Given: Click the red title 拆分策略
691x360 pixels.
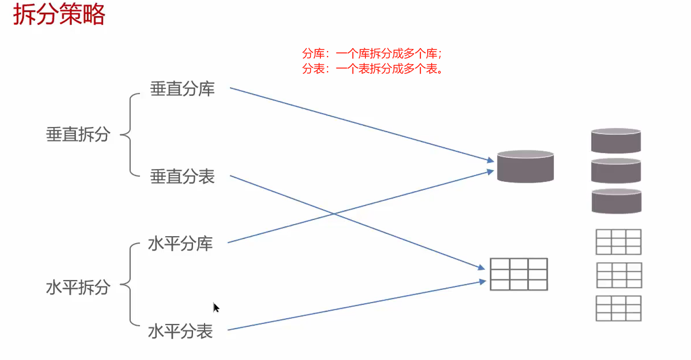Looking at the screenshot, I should point(59,14).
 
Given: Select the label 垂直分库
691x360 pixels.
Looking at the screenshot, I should point(182,89).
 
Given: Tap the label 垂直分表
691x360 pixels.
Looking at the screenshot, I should point(182,177).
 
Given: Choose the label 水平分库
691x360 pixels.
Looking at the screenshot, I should point(181,243).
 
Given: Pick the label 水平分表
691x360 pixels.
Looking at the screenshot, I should point(181,331).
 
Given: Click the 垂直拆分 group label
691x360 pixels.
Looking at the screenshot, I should point(78,134).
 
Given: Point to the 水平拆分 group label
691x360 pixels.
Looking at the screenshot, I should point(78,287).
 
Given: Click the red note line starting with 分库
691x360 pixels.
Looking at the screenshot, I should point(372,54).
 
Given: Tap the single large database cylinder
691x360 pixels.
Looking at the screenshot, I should point(525,166).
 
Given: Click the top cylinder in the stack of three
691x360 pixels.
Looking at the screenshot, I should point(616,141).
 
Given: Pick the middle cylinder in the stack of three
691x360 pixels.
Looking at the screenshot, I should point(616,171).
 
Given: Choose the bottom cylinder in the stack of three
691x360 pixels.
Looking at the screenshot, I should point(616,201).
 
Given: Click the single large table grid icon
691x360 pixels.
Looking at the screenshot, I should point(519,274).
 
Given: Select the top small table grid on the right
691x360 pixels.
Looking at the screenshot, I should point(618,242).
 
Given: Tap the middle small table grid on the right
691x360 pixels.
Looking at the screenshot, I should point(619,275).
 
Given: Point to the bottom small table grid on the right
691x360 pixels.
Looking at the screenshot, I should point(618,308).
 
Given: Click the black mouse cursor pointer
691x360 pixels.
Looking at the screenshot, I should point(216,308).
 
